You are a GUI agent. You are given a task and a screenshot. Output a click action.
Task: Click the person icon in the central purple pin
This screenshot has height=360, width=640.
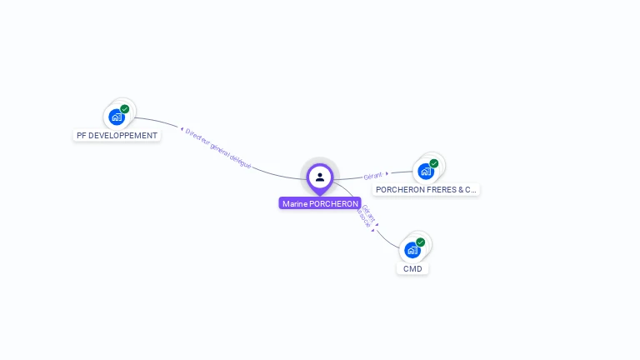point(320,177)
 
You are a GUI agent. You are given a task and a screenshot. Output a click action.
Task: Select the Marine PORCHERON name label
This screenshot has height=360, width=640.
point(320,203)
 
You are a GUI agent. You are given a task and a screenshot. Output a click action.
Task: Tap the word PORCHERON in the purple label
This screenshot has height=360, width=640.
point(333,203)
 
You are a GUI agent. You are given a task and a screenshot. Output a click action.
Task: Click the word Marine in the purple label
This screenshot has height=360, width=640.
point(294,203)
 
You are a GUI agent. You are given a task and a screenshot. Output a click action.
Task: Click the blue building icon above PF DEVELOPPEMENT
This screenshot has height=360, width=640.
point(117,117)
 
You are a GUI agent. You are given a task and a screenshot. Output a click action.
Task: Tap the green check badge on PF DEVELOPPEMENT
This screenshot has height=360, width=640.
point(125,109)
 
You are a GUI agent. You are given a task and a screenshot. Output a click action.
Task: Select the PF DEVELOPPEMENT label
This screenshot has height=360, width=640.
point(117,136)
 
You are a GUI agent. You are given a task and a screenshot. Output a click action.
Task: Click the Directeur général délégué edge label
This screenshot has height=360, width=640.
point(218,149)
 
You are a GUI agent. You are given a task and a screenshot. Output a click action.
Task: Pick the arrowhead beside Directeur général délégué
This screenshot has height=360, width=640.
point(182,129)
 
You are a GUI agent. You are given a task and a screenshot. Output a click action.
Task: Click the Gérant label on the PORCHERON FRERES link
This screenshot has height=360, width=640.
point(372,176)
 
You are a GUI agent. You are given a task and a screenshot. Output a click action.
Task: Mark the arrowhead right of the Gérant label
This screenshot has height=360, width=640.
point(387,173)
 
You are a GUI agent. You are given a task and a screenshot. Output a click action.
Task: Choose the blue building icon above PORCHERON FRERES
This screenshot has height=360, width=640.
point(426,172)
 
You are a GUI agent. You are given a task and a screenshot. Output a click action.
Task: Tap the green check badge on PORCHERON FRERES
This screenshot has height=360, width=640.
point(434,163)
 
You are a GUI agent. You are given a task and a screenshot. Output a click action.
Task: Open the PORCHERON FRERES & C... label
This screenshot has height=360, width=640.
point(427,190)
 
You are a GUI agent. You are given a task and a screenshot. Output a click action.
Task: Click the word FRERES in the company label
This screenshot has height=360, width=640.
point(437,190)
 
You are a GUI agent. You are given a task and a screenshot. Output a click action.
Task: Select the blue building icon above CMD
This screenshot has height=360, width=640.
point(412,250)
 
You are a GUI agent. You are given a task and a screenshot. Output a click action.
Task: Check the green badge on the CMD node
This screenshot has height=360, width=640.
point(421,242)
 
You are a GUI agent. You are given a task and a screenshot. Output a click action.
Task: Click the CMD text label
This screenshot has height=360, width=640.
point(412,268)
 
